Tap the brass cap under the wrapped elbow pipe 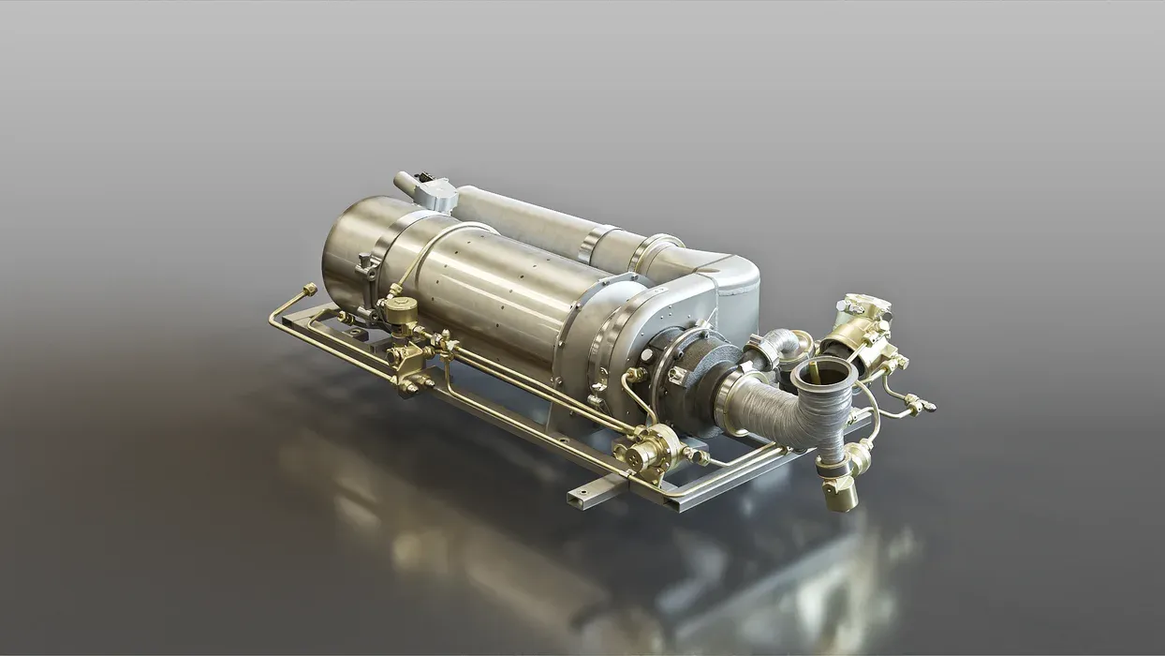click(x=839, y=493)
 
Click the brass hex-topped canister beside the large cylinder click(x=401, y=310)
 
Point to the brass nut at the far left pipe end click(x=309, y=290)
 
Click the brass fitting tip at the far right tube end click(x=928, y=407)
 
